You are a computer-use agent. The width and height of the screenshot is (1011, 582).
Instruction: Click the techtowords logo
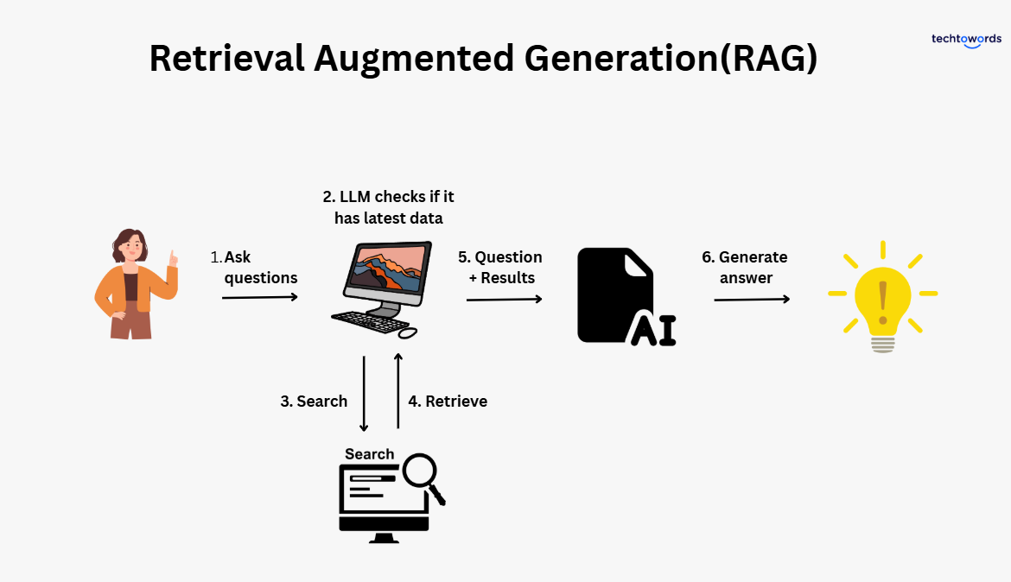[x=966, y=40]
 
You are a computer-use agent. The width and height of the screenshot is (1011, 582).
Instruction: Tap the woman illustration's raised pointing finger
[x=173, y=256]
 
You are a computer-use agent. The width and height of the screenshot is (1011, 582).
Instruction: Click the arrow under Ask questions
[x=259, y=297]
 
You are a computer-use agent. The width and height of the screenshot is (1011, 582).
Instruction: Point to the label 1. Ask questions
[x=256, y=268]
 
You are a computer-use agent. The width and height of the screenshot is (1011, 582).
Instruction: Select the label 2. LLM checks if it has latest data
[x=388, y=208]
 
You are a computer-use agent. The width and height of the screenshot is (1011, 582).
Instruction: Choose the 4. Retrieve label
[x=448, y=402]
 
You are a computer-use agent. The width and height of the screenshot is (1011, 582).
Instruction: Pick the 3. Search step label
[x=314, y=402]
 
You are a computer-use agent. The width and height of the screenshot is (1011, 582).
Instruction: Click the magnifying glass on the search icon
[x=423, y=476]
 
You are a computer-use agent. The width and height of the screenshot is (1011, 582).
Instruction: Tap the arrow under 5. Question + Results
[x=504, y=299]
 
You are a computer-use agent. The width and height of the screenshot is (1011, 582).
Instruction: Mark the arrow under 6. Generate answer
[x=751, y=299]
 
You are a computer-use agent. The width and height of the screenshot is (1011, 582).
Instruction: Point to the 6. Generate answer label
[x=744, y=268]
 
